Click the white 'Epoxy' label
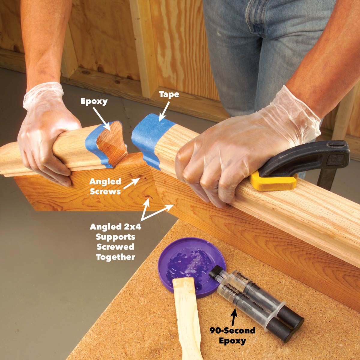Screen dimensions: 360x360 click(94, 101)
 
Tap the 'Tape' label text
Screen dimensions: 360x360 click(169, 94)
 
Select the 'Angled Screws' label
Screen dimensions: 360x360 click(105, 186)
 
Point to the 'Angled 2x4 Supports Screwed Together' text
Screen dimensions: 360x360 click(115, 241)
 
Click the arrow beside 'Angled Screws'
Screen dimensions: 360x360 click(132, 183)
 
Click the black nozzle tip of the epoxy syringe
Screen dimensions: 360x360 click(214, 272)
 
